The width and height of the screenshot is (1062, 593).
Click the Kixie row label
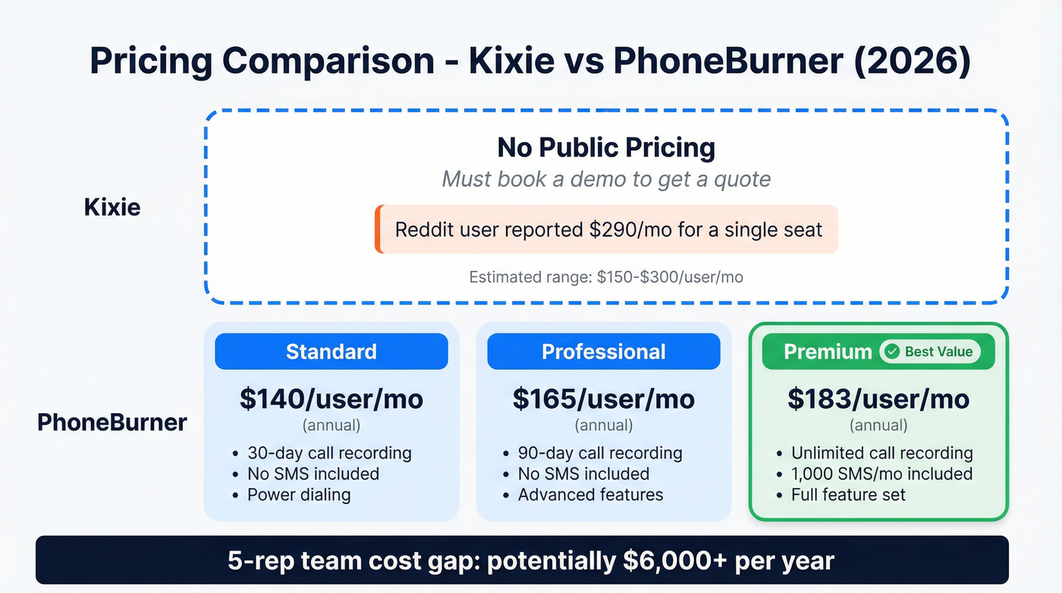[x=112, y=207]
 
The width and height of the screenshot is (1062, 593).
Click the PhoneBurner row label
[x=112, y=422]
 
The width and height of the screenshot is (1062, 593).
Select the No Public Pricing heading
[x=606, y=147]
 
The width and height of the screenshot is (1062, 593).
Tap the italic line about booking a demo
[x=606, y=179]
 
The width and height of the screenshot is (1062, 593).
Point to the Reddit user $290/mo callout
[x=608, y=229]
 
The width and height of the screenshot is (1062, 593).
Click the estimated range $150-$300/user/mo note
[x=606, y=277]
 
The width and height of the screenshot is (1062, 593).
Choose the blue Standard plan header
[x=331, y=352]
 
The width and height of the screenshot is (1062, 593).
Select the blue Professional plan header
[x=604, y=352]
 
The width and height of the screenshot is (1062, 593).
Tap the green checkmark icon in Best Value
[x=893, y=352]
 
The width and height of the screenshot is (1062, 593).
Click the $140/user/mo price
[x=331, y=399]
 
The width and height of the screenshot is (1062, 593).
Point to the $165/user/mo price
[x=604, y=399]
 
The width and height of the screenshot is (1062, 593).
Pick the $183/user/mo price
[x=878, y=399]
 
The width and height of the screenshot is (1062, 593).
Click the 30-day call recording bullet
[x=329, y=453]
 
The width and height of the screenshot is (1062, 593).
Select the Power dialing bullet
[x=299, y=495]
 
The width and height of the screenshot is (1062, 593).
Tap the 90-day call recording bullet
[x=600, y=453]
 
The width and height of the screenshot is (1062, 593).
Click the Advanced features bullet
[x=590, y=495]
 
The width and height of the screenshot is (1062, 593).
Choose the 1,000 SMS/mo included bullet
[x=881, y=474]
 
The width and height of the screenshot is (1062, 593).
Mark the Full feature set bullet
[x=848, y=495]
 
